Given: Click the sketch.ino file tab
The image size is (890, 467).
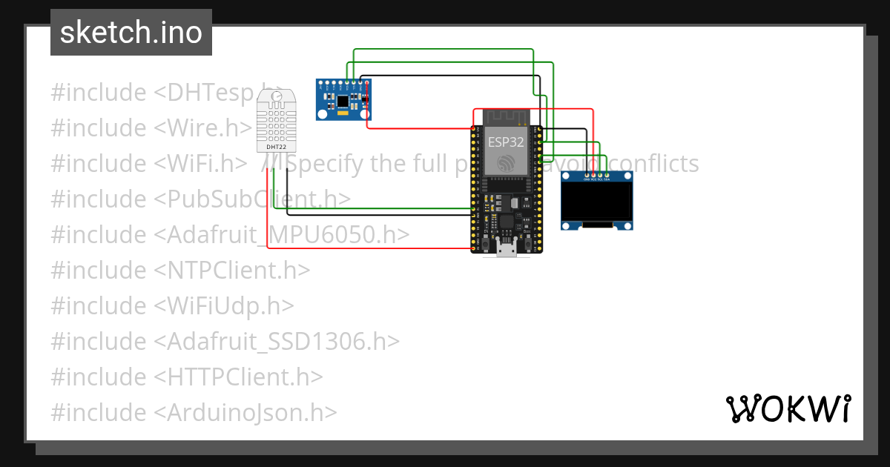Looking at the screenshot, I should pos(131,33).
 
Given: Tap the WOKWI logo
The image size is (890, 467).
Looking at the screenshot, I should pos(787,409).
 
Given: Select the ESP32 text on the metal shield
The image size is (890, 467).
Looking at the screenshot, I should pos(506,141).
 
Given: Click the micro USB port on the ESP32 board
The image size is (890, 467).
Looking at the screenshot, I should pos(507,250).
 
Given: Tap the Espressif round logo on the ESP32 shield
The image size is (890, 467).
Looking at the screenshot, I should pos(506,162).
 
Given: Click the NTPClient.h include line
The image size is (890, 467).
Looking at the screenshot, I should pos(180,271).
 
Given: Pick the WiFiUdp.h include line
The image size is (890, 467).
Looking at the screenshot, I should pos(172,306).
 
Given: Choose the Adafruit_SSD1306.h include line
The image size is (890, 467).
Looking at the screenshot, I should pos(225,342).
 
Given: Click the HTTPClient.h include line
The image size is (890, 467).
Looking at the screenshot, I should pos(187,377).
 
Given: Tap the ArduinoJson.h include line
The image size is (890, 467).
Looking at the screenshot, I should pos(194,413).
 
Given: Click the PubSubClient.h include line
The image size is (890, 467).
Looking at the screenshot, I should pos(200,199).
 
